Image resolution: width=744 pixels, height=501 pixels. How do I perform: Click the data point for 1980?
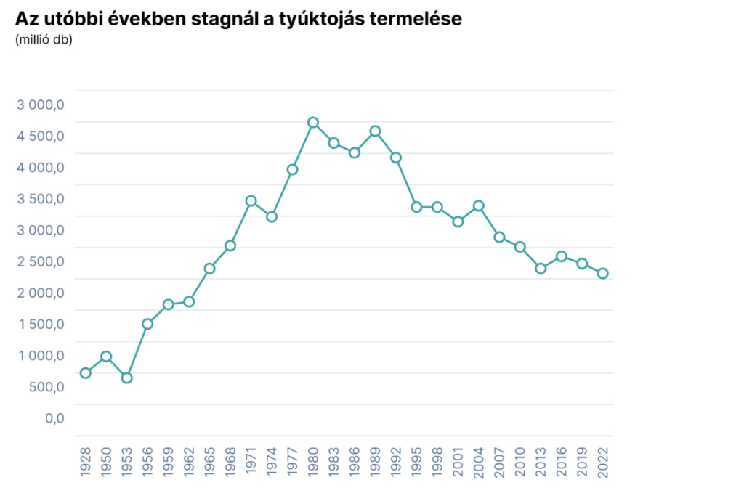coord(313,123)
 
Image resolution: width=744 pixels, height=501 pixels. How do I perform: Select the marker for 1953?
coord(127,378)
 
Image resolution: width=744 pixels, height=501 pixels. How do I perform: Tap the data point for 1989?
coord(375,131)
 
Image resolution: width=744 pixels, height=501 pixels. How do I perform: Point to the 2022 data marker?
coord(602,273)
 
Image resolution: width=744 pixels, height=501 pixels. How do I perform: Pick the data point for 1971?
coord(251,200)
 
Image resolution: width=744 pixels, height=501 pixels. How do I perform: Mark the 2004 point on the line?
coord(478,205)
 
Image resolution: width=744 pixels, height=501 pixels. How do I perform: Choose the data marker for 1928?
coord(86,372)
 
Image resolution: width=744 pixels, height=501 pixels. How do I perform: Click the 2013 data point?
coord(541,268)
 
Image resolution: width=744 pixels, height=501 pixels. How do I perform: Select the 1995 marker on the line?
coord(416,207)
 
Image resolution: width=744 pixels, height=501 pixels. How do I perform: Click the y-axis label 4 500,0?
coord(41,136)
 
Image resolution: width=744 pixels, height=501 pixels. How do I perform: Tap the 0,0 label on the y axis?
coord(55,417)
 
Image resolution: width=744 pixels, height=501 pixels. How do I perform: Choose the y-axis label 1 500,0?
coord(41,324)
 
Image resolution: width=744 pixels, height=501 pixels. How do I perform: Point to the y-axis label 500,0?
coord(47,386)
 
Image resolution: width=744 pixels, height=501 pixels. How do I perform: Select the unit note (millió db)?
coord(44,39)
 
